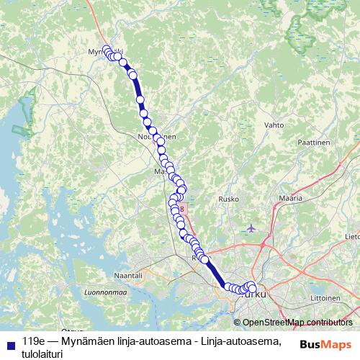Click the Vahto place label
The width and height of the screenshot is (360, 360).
point(274,125)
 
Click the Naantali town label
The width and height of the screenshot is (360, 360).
point(128,275)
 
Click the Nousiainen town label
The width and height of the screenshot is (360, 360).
point(156,135)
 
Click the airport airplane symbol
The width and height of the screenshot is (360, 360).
point(250,229)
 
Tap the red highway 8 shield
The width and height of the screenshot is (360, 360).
point(182,209)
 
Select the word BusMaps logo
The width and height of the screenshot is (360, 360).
point(325,344)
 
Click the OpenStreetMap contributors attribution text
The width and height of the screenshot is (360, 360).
point(297,323)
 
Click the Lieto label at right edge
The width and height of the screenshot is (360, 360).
point(353,235)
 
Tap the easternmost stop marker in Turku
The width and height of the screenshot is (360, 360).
point(252,289)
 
